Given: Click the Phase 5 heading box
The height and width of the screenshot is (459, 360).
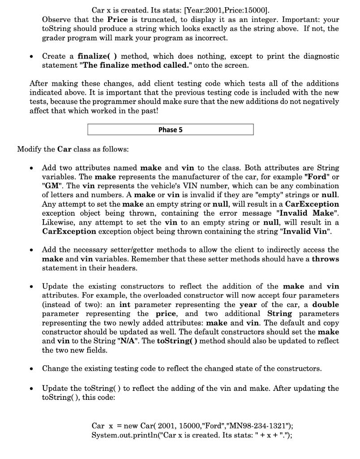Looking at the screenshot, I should tap(170, 130).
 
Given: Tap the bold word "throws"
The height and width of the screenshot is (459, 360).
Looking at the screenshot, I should tap(325, 259).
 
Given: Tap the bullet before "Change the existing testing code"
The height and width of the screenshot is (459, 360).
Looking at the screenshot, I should tap(30, 369).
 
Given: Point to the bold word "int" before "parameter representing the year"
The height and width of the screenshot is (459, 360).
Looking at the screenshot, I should tap(125, 304).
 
